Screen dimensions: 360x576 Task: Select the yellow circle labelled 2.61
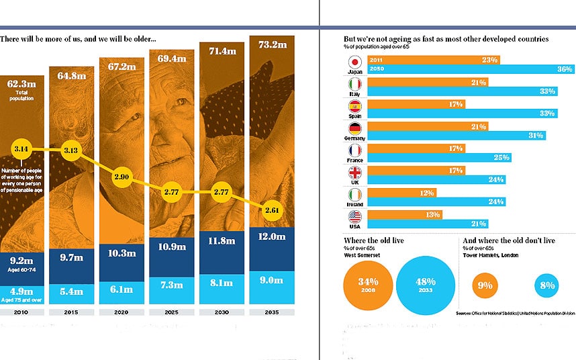coord(271,210)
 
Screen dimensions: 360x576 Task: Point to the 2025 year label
coord(171,312)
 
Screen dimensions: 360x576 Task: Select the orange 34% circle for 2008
coord(369,285)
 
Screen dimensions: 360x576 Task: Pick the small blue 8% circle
coord(546,285)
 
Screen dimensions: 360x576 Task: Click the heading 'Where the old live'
coord(374,240)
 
